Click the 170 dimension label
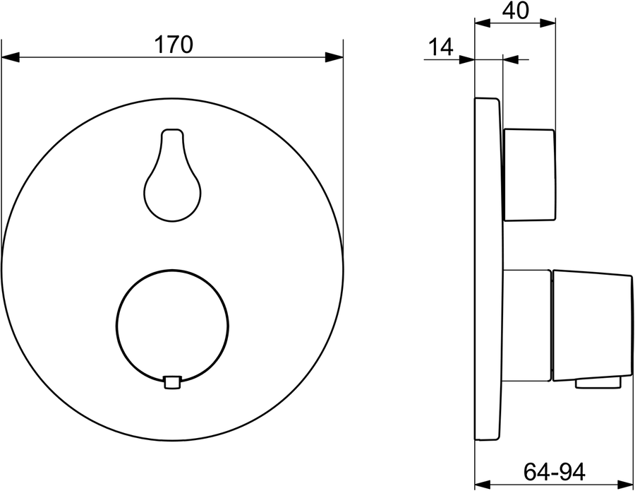[174, 45]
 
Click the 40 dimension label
[516, 11]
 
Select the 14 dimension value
[440, 47]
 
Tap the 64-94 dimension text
[555, 471]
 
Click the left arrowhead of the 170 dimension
[11, 57]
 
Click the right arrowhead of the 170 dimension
[334, 57]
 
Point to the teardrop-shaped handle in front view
[173, 175]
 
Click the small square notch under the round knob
[172, 383]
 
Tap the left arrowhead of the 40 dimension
[483, 23]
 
